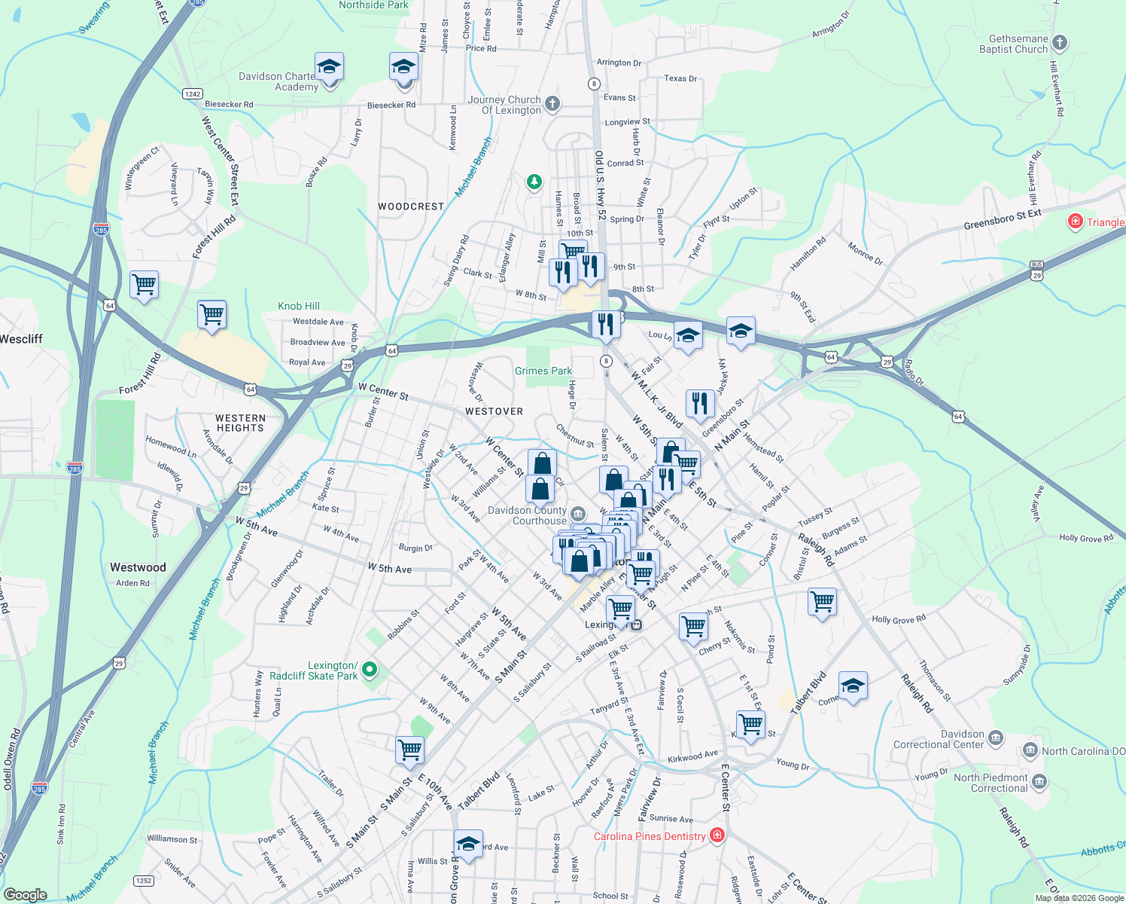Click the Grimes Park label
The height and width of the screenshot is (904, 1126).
click(543, 371)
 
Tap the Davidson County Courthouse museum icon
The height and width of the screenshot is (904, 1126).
click(577, 515)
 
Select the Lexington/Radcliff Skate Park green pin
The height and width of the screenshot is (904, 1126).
click(369, 669)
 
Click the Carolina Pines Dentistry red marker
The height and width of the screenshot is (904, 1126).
click(717, 835)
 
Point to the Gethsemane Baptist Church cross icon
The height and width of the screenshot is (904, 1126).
click(1059, 42)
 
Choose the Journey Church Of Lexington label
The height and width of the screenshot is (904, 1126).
click(504, 105)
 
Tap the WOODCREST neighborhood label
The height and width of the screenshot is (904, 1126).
click(411, 206)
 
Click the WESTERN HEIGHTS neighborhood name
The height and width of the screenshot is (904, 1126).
click(240, 423)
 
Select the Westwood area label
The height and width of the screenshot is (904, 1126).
click(138, 567)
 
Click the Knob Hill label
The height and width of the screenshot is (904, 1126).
click(299, 306)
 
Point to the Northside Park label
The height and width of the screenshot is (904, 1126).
click(373, 5)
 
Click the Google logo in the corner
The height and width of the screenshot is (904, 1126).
click(26, 894)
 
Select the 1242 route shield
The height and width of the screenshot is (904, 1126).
click(192, 93)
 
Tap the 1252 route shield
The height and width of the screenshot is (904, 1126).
click(143, 880)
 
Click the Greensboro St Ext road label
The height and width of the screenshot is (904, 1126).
click(1002, 219)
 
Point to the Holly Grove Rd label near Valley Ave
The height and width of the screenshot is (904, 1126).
click(1085, 538)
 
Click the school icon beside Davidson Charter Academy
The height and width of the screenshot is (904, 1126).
click(329, 68)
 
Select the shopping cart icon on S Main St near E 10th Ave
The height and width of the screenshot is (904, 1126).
click(409, 749)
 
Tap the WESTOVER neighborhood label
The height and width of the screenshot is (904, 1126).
click(494, 411)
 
